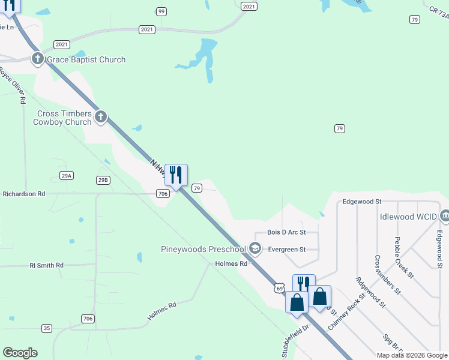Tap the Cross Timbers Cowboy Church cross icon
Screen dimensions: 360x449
pos(100,116)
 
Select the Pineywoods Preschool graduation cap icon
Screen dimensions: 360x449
pos(255,248)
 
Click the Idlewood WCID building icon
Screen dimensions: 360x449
pos(445,215)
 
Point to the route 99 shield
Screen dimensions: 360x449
pos(161,11)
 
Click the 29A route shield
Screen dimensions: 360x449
pos(67,175)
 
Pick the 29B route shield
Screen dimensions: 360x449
pos(103,179)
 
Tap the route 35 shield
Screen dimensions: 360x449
pos(47,328)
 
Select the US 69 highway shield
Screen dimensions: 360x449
pos(280,288)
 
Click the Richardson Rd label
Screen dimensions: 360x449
pos(24,194)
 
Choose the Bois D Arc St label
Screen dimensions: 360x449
pos(286,232)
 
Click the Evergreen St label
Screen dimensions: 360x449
pos(287,249)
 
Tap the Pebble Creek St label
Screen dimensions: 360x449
pos(402,257)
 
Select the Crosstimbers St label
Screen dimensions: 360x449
pos(387,274)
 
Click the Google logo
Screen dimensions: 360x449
pos(20,353)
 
